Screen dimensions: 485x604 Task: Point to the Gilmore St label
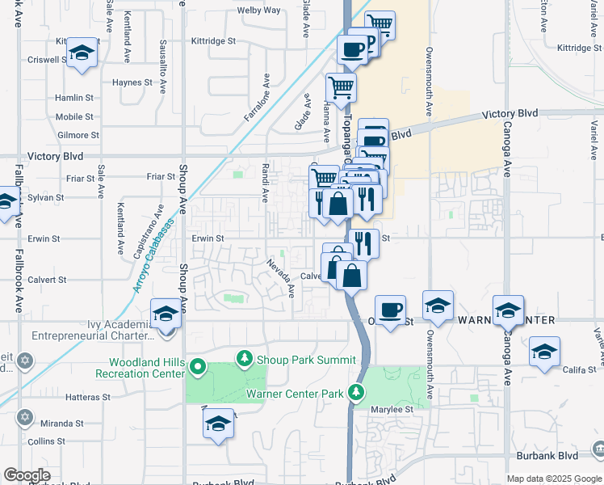point(78,135)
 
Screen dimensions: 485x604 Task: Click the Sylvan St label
point(45,197)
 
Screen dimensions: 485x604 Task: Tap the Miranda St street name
point(63,424)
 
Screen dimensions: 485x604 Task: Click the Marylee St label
point(393,410)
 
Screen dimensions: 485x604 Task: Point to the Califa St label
point(579,370)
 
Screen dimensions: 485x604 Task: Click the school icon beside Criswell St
point(81,53)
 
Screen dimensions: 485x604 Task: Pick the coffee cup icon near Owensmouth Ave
point(391,310)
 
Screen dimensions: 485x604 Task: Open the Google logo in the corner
point(27,475)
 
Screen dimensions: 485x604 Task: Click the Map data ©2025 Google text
point(554,479)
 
